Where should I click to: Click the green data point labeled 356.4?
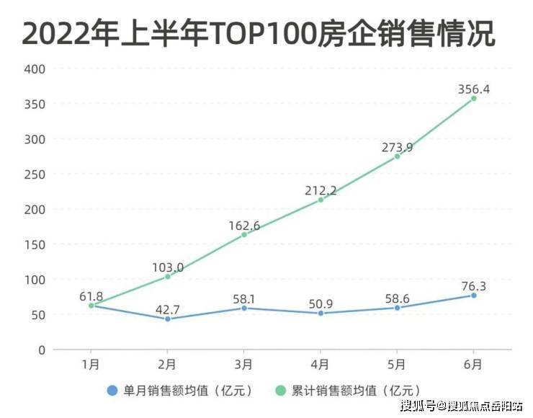473,98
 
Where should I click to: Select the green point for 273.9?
397,156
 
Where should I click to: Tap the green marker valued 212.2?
321,200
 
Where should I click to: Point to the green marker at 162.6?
244,235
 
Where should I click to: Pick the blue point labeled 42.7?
168,319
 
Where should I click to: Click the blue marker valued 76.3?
473,295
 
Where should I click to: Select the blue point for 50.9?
321,313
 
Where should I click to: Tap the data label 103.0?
168,267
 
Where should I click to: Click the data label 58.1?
244,296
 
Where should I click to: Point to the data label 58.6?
397,296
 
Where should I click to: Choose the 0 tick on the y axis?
42,350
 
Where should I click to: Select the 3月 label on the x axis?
244,365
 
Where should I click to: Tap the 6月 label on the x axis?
473,365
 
